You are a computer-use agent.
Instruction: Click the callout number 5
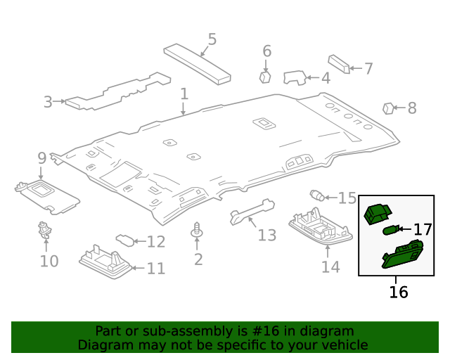[x=212, y=39]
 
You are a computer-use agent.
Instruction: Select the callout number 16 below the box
[x=399, y=291]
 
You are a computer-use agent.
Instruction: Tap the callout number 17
[x=422, y=229]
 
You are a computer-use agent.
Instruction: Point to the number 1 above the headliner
[x=184, y=94]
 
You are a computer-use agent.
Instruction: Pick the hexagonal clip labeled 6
[x=266, y=76]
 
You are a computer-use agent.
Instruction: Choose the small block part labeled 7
[x=339, y=64]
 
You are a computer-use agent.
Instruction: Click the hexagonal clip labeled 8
[x=387, y=108]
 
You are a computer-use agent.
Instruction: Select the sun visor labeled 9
[x=46, y=194]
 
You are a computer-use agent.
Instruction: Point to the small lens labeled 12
[x=124, y=241]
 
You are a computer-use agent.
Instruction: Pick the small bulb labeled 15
[x=316, y=195]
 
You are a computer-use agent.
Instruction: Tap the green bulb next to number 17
[x=391, y=229]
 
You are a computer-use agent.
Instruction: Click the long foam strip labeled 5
[x=198, y=64]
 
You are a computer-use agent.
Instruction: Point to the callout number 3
[x=48, y=102]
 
